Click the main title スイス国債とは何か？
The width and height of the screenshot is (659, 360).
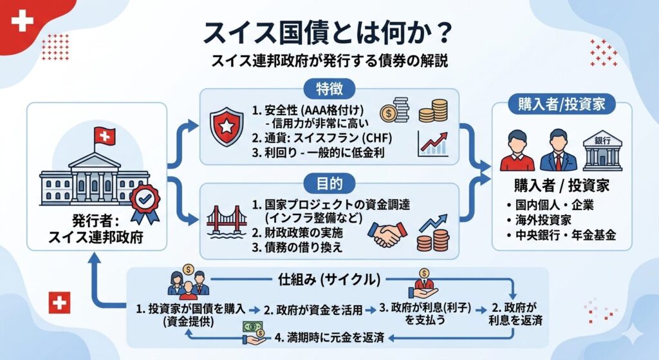(329, 32)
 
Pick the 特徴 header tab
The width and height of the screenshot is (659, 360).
(329, 89)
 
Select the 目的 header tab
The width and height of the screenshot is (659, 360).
(329, 182)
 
